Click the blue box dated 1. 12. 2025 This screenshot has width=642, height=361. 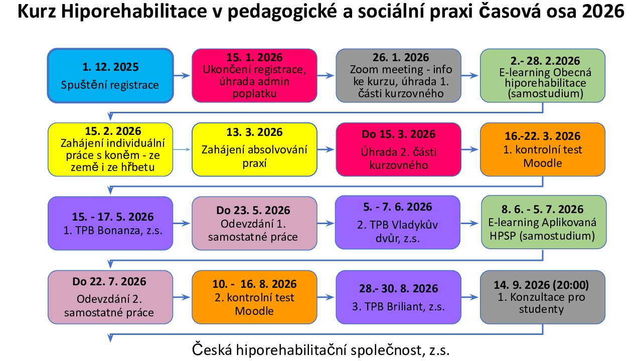pyautogui.click(x=110, y=76)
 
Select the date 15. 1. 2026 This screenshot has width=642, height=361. pyautogui.click(x=254, y=58)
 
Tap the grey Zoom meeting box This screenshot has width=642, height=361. pyautogui.click(x=398, y=76)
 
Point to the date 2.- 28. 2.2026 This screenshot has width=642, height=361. pyautogui.click(x=545, y=61)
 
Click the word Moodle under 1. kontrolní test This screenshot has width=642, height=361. pyautogui.click(x=543, y=163)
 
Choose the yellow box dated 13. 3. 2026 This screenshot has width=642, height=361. pyautogui.click(x=254, y=149)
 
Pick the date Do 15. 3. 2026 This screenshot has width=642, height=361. pyautogui.click(x=399, y=134)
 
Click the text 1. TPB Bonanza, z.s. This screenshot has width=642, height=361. pyautogui.click(x=113, y=230)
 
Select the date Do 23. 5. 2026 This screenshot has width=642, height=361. pyautogui.click(x=253, y=210)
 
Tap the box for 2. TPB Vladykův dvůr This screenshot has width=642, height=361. pyautogui.click(x=398, y=222)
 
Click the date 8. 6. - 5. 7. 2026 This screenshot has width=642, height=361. pyautogui.click(x=542, y=209)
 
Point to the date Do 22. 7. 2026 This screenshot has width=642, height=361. pyautogui.click(x=109, y=282)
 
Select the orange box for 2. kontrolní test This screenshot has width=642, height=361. pyautogui.click(x=254, y=297)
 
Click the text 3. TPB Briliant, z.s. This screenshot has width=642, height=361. pyautogui.click(x=398, y=306)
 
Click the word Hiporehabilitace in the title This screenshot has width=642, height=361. pyautogui.click(x=134, y=12)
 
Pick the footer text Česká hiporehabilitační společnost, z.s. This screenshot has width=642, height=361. pyautogui.click(x=320, y=350)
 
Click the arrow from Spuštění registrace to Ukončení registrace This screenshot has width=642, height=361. pyautogui.click(x=182, y=76)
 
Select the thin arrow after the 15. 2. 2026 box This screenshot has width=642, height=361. pyautogui.click(x=182, y=149)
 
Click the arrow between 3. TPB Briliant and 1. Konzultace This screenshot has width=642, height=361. pyautogui.click(x=470, y=297)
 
